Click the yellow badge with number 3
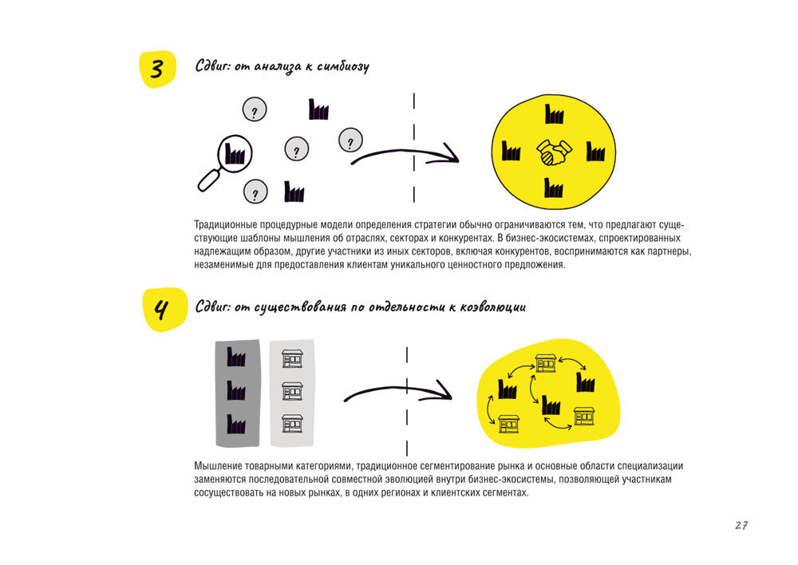pos(157,69)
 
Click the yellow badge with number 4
pos(161,309)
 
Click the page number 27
pos(741,525)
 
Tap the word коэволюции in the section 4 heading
pos(492,307)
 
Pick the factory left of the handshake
pos(511,152)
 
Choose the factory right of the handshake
pos(595,152)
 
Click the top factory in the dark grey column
pos(235,357)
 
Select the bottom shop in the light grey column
pos(292,423)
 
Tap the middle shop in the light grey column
pos(292,390)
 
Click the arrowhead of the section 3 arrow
pos(451,153)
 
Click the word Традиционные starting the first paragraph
pos(225,226)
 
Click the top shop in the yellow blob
pos(547,364)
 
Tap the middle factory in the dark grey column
pos(235,390)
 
